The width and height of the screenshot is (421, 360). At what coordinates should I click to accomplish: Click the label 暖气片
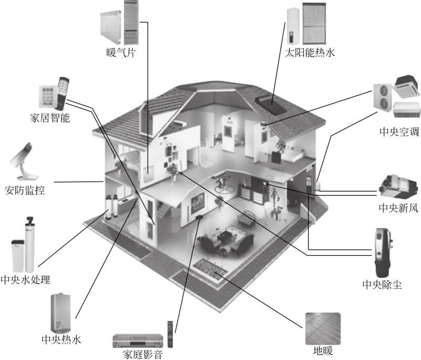tap(121, 53)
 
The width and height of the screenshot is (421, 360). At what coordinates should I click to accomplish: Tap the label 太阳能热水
tap(309, 52)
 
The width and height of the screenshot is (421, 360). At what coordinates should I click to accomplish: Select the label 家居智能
tap(50, 118)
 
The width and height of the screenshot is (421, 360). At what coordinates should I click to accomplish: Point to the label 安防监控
tap(25, 191)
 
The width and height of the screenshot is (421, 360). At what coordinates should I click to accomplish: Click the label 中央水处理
tap(25, 279)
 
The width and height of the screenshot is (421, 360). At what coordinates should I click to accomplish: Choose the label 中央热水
tap(61, 339)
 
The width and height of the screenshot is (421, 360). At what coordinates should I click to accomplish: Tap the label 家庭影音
tap(143, 354)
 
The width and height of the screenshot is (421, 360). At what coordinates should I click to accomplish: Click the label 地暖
tap(323, 351)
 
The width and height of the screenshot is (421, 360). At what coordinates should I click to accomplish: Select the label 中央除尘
tap(382, 285)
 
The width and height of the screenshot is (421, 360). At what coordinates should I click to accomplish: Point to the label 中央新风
tap(398, 208)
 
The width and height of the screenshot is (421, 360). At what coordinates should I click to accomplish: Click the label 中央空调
tap(399, 132)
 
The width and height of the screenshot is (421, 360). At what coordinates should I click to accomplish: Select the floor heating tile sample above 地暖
tap(323, 329)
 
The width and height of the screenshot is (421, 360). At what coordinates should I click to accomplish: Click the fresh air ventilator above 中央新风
tap(398, 186)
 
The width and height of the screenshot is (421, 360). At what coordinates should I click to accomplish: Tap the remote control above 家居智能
tap(62, 94)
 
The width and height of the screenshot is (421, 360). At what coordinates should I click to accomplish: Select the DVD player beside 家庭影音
tap(138, 341)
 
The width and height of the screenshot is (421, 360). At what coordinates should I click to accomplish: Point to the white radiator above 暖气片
tap(111, 27)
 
